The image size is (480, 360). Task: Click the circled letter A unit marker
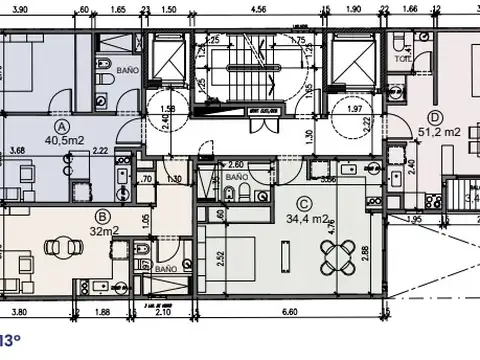[x=62, y=127]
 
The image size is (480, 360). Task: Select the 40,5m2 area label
[x=62, y=141]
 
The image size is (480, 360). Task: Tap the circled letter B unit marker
[x=101, y=214]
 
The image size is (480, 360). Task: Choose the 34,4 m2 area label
[x=307, y=218]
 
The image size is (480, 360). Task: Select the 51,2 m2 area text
[x=441, y=131]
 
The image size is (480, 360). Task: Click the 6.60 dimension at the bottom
[x=290, y=312]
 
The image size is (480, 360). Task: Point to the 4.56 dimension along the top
[x=258, y=9]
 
